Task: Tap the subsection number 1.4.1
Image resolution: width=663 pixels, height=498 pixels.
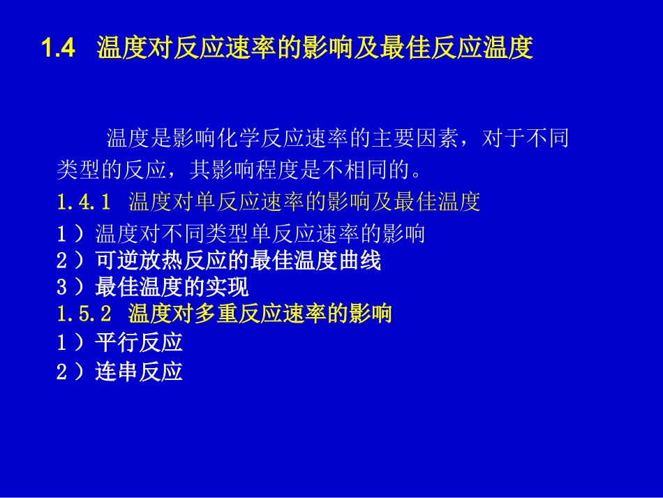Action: pos(84,203)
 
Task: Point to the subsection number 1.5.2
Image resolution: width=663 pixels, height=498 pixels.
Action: pos(84,314)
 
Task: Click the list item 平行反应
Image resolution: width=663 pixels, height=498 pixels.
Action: pos(139,342)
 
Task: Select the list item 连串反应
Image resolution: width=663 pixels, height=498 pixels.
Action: pos(139,372)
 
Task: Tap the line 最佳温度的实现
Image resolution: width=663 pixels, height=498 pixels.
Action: pos(172,287)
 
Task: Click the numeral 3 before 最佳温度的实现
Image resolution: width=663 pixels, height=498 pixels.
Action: pos(61,287)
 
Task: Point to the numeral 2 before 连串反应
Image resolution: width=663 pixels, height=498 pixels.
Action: pos(61,372)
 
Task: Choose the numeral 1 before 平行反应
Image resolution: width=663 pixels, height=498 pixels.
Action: pos(61,342)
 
